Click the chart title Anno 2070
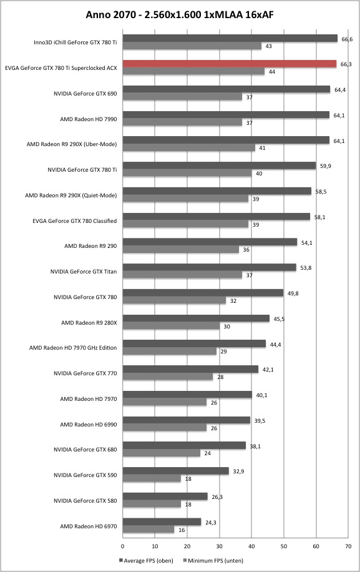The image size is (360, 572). coord(108,14)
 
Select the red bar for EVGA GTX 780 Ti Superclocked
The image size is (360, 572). coord(230,64)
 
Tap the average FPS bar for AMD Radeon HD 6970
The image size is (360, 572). coord(162,522)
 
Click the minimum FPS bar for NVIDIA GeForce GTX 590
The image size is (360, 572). coord(152,478)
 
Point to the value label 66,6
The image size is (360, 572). coord(347,39)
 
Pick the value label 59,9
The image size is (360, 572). coord(326,166)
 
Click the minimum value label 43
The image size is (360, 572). coord(268,46)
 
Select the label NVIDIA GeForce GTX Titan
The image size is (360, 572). coord(84,272)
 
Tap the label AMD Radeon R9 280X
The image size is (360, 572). coord(89,322)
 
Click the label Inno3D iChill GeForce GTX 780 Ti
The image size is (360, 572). coord(75,42)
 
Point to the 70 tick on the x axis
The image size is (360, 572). coord(348,546)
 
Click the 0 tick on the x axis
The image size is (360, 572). coord(122,546)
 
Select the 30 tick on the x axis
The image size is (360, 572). coord(220,546)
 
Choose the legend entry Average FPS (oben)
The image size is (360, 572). coord(146,560)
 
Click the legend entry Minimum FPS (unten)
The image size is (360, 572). coord(213,560)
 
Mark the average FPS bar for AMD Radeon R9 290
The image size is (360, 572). coord(210,242)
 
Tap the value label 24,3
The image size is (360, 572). coord(211,523)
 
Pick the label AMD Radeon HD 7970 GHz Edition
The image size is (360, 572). coord(73,348)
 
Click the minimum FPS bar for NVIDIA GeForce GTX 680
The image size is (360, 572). coord(162,453)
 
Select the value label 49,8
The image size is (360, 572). coord(293,293)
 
